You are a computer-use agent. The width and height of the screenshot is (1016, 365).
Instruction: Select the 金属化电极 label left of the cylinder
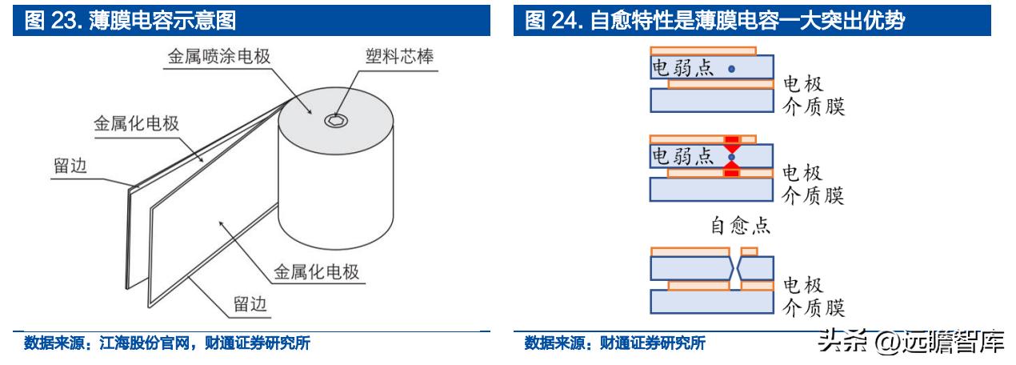tap(135, 124)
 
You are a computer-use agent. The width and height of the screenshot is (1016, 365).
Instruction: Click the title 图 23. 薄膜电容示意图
tap(131, 20)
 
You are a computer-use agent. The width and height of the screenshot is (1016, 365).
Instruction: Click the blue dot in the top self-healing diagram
tap(731, 70)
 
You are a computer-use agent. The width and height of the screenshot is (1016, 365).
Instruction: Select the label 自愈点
tap(741, 227)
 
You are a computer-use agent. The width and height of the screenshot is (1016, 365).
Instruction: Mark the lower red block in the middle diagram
tap(731, 172)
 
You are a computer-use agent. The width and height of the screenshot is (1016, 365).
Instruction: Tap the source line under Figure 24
tap(614, 344)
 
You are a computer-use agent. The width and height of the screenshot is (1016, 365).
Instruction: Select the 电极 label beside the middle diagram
tap(802, 173)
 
